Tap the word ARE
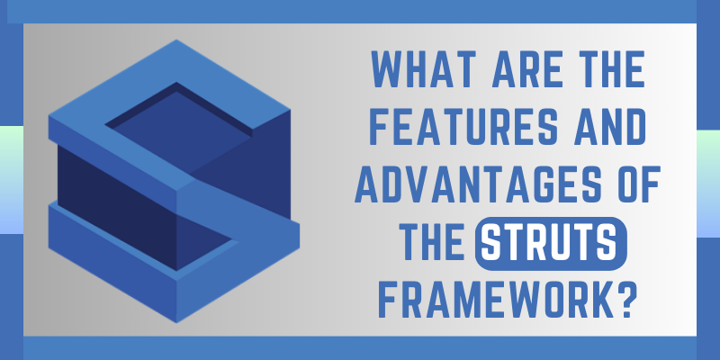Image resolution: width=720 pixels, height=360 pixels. click(514, 70)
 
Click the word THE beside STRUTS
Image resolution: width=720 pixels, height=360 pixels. click(433, 241)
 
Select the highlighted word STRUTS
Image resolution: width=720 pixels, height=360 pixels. click(551, 242)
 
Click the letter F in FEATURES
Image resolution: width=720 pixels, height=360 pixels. click(379, 125)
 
